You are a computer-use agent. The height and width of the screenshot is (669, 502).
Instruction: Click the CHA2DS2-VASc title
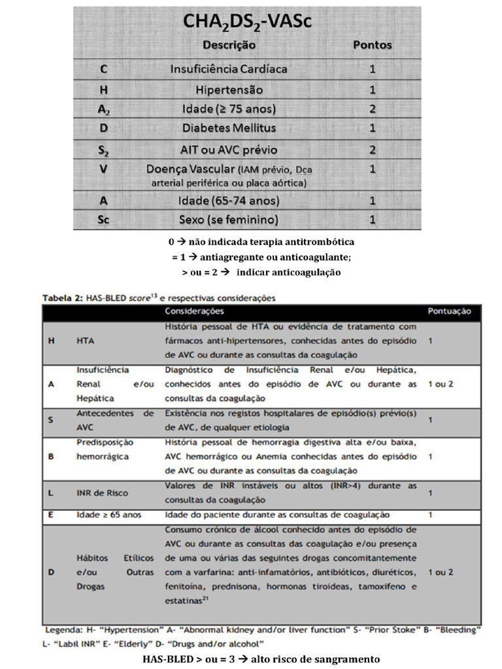[x=247, y=24]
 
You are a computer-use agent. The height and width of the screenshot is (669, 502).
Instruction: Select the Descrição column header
[x=229, y=45]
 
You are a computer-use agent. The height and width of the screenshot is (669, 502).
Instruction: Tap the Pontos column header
[x=372, y=45]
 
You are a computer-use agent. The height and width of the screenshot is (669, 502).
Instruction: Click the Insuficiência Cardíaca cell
[x=229, y=69]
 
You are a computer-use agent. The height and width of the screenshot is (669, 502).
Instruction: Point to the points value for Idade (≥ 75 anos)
[x=372, y=108]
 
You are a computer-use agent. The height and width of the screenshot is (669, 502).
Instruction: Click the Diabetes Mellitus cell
[x=229, y=127]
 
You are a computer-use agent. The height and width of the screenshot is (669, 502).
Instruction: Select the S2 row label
[x=104, y=150]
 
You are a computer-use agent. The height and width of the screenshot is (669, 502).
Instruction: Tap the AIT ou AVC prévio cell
[x=229, y=150]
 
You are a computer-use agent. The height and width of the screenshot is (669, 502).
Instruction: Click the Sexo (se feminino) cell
[x=229, y=219]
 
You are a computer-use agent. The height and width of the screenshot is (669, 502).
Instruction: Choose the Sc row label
[x=104, y=219]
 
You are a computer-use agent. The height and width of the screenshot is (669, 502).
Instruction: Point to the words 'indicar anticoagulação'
[x=288, y=272]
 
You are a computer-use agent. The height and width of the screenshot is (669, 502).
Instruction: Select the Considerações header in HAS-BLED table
[x=194, y=311]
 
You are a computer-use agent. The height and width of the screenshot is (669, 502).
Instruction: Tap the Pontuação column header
[x=449, y=311]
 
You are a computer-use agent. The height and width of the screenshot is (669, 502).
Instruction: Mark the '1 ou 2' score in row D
[x=440, y=572]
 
